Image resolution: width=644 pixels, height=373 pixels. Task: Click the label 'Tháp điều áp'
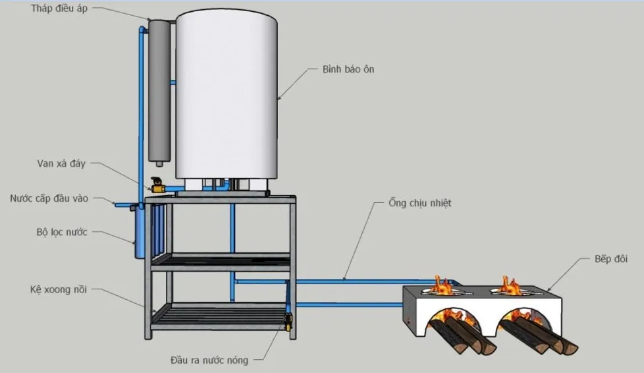pyautogui.click(x=59, y=9)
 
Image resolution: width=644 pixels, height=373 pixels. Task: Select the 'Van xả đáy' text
pyautogui.click(x=61, y=163)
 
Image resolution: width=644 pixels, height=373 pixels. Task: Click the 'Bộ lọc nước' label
pyautogui.click(x=62, y=232)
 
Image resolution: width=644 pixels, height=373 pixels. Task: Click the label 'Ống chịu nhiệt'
pyautogui.click(x=419, y=204)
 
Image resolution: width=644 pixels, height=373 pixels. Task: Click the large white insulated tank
pyautogui.click(x=226, y=92)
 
